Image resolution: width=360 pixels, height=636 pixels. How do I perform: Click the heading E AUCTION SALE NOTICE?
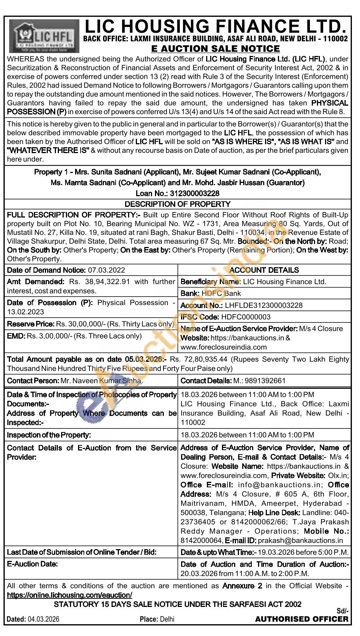click(215, 49)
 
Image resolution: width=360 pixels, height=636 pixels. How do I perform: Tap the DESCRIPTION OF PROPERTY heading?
click(177, 204)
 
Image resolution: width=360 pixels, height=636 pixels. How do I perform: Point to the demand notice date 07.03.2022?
click(106, 270)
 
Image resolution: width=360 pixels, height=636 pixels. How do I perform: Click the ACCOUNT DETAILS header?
click(264, 270)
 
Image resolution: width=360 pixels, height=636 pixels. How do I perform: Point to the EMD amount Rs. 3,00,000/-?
click(50, 336)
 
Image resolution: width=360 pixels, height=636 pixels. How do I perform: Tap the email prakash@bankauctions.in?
click(300, 540)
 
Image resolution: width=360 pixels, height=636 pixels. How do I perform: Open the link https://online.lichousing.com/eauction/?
click(69, 595)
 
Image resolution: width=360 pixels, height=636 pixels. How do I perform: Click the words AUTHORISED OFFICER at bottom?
click(302, 619)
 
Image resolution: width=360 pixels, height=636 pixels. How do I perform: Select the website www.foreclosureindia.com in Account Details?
click(223, 347)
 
